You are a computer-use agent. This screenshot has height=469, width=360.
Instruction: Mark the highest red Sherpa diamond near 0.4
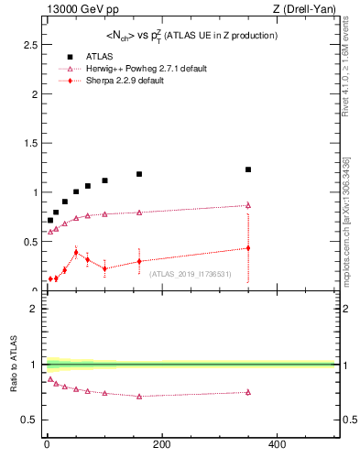pos(76,252)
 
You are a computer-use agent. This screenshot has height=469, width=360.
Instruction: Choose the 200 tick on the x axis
pos(161,444)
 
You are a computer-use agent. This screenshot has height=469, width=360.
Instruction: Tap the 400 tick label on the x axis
pos(277,444)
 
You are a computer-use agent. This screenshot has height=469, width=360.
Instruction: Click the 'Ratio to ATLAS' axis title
pos(14,364)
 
